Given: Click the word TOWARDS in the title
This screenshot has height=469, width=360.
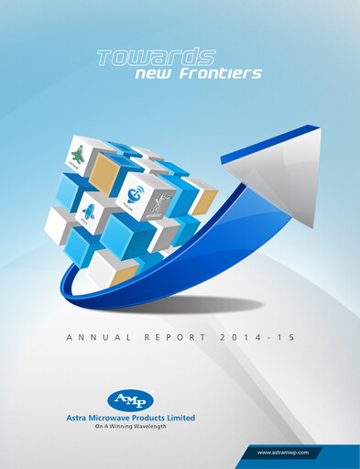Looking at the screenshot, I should point(156,59).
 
